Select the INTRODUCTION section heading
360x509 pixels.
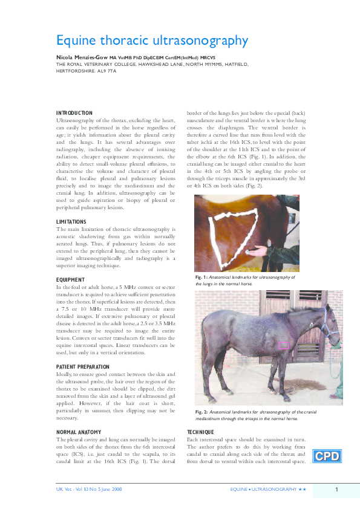(x=74, y=113)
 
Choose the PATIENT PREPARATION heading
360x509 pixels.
(x=83, y=367)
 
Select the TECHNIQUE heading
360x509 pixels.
(x=201, y=432)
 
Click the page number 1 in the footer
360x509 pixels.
(x=336, y=488)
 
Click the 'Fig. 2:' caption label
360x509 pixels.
(x=201, y=412)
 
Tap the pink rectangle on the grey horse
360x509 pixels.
(x=283, y=345)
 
